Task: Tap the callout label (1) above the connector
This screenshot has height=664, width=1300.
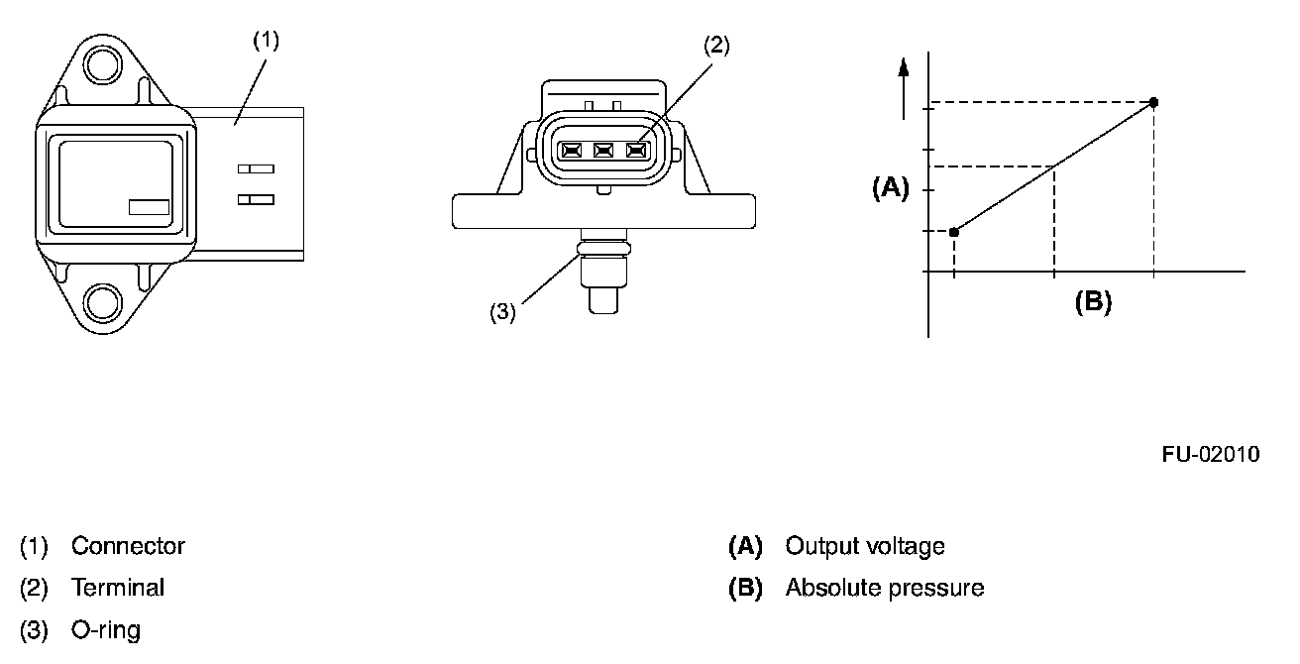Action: [x=266, y=41]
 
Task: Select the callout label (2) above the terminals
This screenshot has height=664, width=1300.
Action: [x=716, y=45]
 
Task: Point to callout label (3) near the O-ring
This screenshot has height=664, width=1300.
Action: [x=503, y=312]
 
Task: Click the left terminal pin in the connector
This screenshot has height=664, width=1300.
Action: [x=572, y=152]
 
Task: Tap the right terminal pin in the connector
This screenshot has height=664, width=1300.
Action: [x=635, y=152]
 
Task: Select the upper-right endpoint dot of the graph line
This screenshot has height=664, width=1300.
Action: [x=1153, y=102]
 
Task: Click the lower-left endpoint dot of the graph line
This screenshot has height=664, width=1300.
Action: [x=953, y=232]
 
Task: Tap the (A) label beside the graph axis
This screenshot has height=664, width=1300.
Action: [x=890, y=188]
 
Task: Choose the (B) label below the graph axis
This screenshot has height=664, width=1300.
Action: [x=1093, y=302]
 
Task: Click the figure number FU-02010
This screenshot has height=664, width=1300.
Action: [x=1211, y=455]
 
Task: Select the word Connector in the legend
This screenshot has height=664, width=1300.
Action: [x=128, y=546]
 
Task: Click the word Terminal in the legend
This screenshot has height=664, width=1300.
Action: [x=118, y=588]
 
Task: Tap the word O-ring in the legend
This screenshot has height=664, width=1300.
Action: [x=106, y=629]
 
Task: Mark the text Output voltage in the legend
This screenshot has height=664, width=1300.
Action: [x=864, y=546]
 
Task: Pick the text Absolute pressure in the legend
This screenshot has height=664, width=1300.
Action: [x=884, y=588]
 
